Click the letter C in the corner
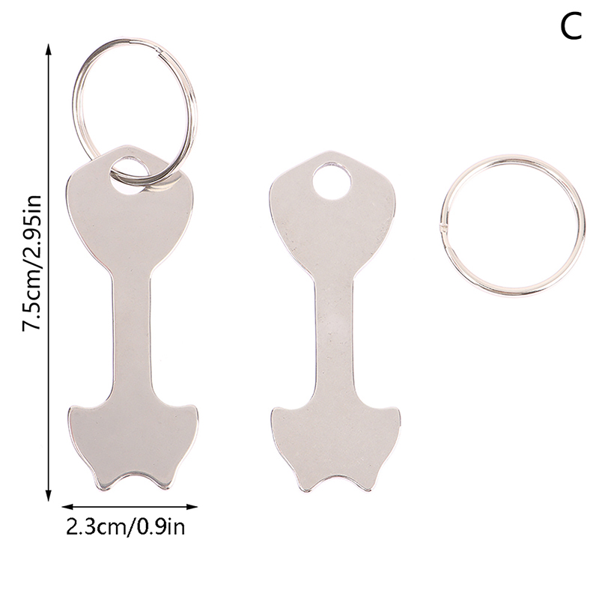571,26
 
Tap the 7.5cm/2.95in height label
31,264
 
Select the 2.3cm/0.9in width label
125,527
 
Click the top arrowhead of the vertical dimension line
48,50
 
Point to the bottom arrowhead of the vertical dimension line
48,494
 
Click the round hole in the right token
332,181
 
